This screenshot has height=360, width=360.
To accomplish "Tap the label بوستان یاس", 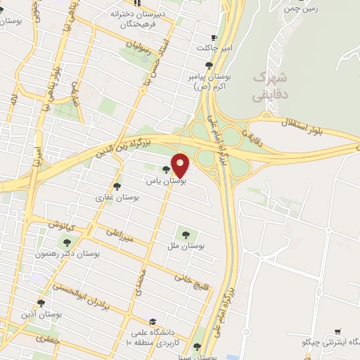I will (165, 181).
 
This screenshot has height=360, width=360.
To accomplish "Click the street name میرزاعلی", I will (120, 236).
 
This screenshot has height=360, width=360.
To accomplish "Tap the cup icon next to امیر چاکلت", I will (214, 37).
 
